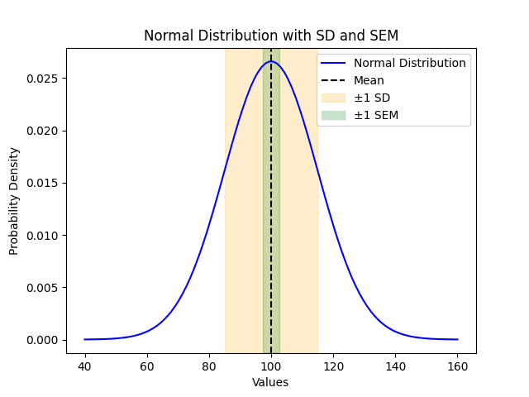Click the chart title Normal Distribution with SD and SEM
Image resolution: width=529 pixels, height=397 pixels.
pyautogui.click(x=270, y=36)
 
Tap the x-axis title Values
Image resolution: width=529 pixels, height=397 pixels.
pyautogui.click(x=270, y=382)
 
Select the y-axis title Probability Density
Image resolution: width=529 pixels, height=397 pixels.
pyautogui.click(x=14, y=201)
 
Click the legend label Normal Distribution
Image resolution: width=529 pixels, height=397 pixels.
pyautogui.click(x=410, y=63)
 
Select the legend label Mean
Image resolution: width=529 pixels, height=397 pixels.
pyautogui.click(x=369, y=80)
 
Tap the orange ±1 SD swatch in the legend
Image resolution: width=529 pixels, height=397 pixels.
pyautogui.click(x=334, y=98)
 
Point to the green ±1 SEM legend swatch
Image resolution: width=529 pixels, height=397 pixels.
pyautogui.click(x=334, y=115)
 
